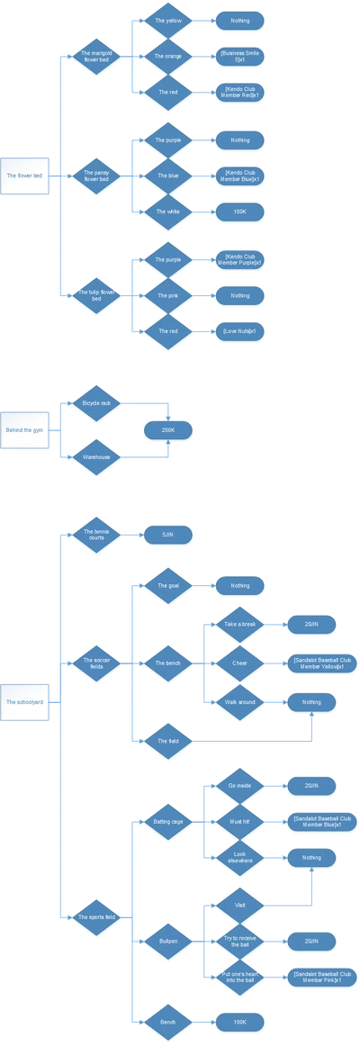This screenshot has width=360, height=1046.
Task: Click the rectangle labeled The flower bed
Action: tap(24, 175)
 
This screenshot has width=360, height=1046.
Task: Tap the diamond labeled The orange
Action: tap(167, 56)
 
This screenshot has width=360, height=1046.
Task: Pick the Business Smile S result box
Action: tap(240, 56)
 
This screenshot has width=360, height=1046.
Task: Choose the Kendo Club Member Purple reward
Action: tap(240, 259)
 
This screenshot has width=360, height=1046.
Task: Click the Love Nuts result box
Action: tap(240, 331)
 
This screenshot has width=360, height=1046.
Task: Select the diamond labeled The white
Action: tap(167, 212)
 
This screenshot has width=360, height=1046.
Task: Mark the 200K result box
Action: tap(168, 431)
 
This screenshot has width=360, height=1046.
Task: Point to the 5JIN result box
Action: tap(168, 535)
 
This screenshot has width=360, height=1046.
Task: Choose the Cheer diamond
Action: tap(239, 663)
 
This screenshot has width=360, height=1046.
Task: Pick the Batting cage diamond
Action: tap(167, 822)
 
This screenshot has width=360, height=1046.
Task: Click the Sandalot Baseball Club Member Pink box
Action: tap(312, 976)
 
